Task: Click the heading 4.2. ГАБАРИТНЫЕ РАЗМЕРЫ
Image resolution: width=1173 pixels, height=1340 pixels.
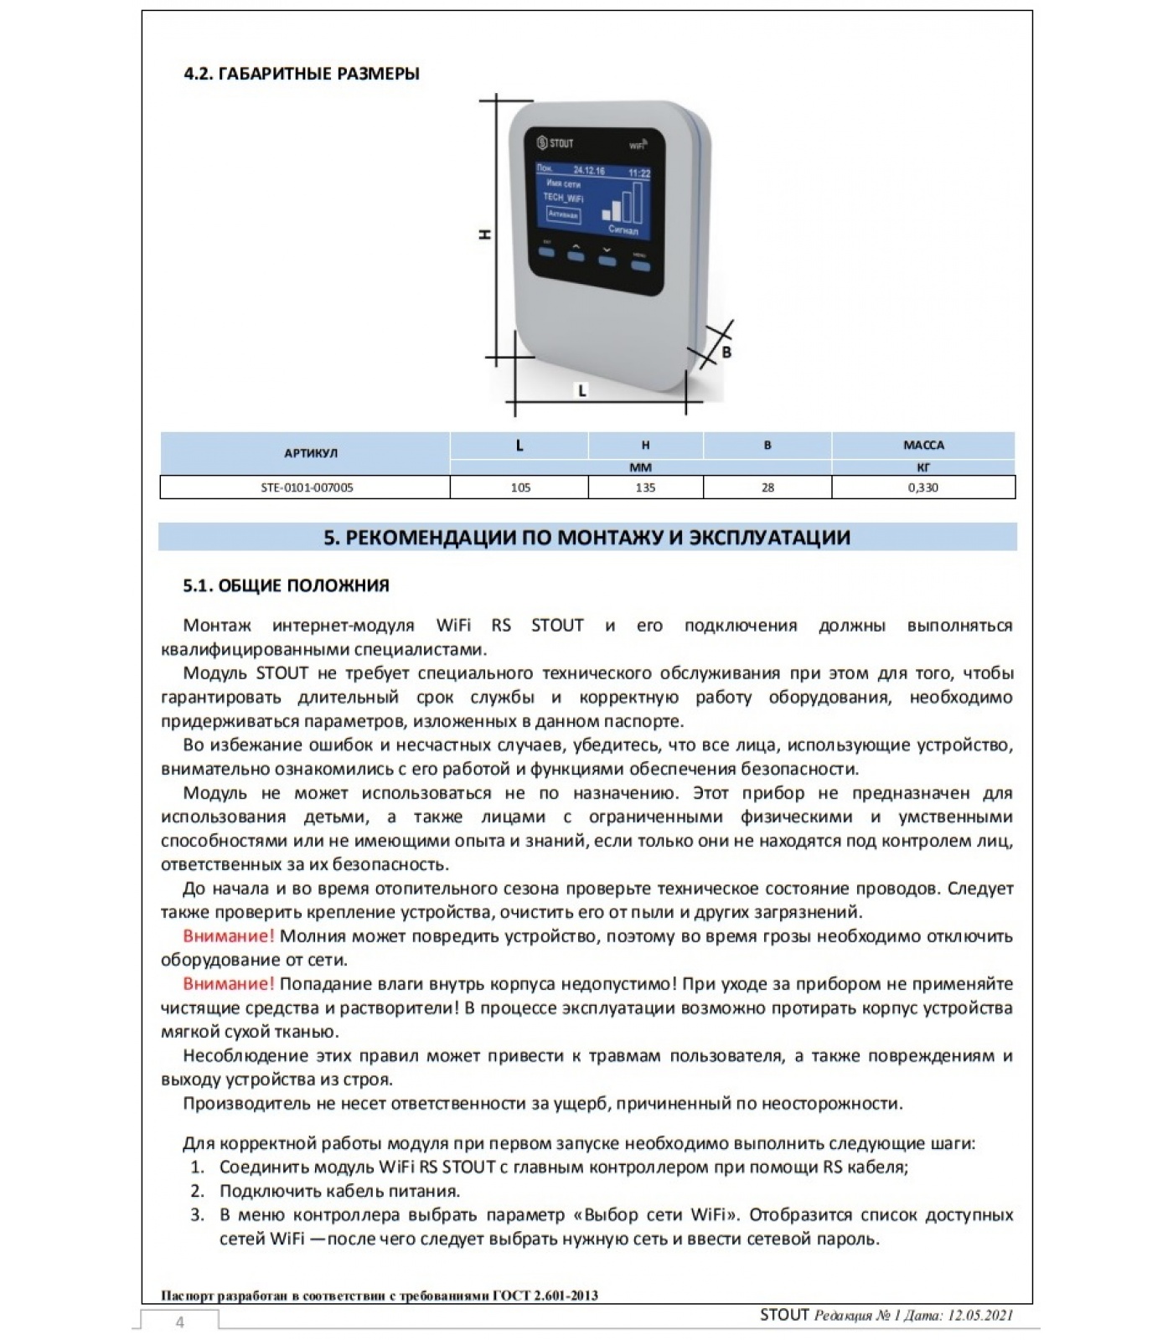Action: pos(302,74)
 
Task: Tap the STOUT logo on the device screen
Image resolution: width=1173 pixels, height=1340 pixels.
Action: pos(555,143)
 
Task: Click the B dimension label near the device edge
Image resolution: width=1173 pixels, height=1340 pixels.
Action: pos(726,353)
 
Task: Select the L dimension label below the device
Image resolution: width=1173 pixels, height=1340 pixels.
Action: pos(582,390)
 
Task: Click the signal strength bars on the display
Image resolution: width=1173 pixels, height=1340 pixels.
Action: pos(624,202)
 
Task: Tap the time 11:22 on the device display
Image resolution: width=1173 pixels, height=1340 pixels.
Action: pos(639,173)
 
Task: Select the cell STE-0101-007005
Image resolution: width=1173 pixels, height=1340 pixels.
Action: pos(306,487)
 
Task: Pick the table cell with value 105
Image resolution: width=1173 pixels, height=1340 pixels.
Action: pos(520,487)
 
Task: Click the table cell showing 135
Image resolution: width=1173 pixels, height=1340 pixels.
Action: pos(645,487)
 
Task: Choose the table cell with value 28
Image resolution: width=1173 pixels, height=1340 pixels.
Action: pos(767,487)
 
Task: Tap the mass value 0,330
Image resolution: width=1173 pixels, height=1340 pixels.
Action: pos(923,487)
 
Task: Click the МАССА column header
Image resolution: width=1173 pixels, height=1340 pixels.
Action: pos(923,446)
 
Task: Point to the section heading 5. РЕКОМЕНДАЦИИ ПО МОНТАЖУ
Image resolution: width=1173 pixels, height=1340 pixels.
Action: pos(586,538)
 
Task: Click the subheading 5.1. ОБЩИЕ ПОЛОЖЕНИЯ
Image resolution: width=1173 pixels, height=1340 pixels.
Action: pos(287,585)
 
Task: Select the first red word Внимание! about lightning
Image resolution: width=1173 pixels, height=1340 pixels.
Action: pos(228,936)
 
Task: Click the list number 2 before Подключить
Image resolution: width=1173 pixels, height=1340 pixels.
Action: pos(197,1191)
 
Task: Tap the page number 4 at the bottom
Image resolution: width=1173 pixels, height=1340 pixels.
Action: pos(179,1322)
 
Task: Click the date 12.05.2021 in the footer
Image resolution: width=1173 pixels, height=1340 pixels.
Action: pos(980,1316)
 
